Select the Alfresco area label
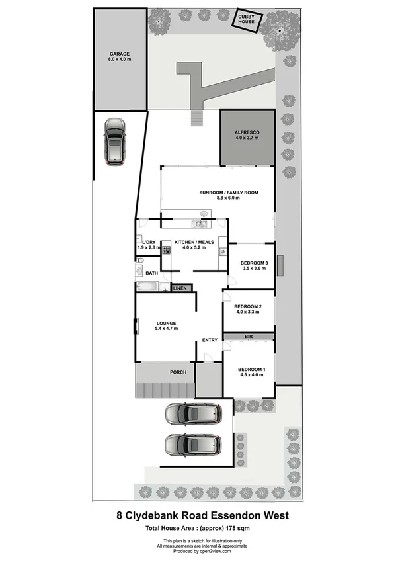(247, 136)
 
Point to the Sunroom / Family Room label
(229, 195)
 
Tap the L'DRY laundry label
(149, 245)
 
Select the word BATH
(151, 273)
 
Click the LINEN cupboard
(180, 288)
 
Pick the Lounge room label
(166, 325)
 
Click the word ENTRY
(210, 340)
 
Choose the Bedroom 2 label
(248, 309)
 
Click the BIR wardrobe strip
(249, 337)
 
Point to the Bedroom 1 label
(251, 371)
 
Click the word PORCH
(178, 372)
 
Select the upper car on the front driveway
(194, 414)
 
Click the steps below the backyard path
(196, 118)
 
